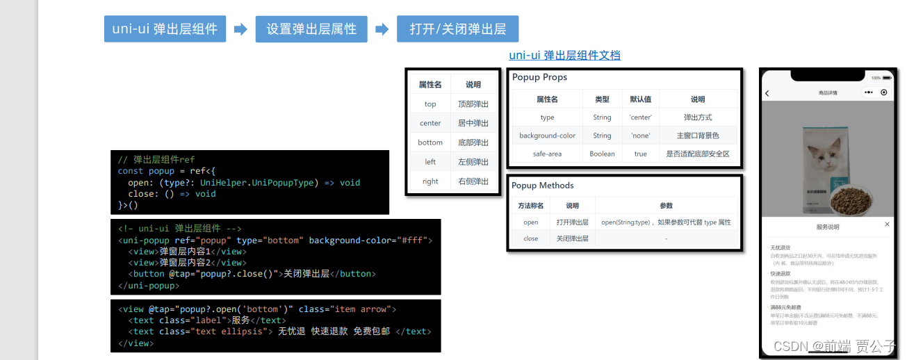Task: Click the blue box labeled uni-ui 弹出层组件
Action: tap(165, 29)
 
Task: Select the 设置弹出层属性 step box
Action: tap(311, 29)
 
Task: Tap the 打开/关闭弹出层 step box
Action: tap(458, 29)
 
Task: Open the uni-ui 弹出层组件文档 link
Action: tap(564, 56)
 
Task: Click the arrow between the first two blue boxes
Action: tap(240, 29)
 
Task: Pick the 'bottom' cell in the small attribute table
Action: tap(430, 142)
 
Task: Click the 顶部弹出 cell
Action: tap(473, 104)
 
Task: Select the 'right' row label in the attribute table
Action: tap(430, 181)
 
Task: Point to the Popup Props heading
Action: tap(540, 77)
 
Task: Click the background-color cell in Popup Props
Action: tap(548, 136)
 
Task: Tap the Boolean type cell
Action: tap(602, 154)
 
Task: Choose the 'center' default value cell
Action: tap(640, 117)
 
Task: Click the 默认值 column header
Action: tap(640, 99)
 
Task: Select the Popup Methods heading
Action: tap(543, 186)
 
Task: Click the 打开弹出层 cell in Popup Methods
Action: tap(572, 222)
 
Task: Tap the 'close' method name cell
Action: tap(531, 238)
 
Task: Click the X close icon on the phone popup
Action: tap(887, 224)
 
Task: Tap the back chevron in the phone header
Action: tap(767, 92)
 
